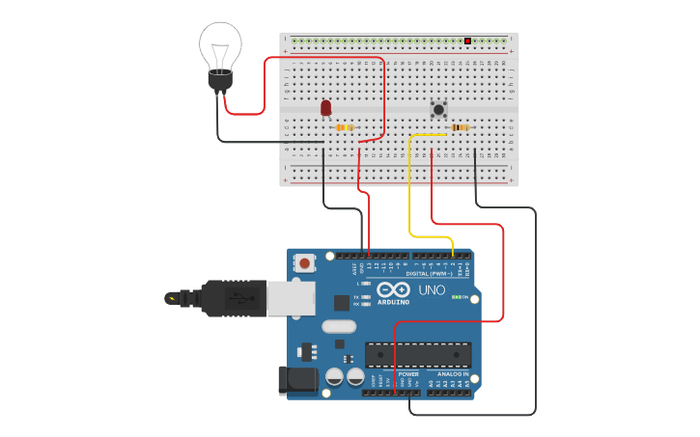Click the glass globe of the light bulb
click(x=220, y=43)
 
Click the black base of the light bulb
click(x=220, y=81)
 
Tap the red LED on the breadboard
click(x=325, y=107)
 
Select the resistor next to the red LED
click(x=345, y=127)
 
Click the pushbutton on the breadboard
click(x=438, y=109)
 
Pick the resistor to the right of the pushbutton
click(x=461, y=127)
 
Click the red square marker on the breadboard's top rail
click(x=467, y=41)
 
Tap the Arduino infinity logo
click(x=393, y=289)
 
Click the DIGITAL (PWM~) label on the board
click(x=429, y=274)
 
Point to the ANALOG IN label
click(x=453, y=373)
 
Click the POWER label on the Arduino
click(x=408, y=373)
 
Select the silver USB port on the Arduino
click(x=291, y=298)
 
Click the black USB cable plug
click(x=232, y=298)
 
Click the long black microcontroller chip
click(x=418, y=354)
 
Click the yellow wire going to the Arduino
click(x=410, y=193)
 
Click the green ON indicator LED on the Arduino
click(x=456, y=297)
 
